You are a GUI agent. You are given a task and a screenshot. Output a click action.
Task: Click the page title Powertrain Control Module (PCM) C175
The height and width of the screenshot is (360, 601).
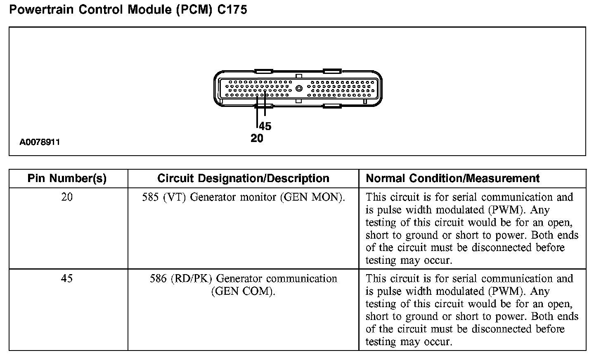128,9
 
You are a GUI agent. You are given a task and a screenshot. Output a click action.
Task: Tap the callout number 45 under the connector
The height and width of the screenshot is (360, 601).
265,126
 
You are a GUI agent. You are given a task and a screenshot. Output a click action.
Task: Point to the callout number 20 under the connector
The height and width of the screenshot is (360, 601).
257,139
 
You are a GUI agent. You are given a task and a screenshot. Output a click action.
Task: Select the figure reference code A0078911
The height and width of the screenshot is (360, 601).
40,142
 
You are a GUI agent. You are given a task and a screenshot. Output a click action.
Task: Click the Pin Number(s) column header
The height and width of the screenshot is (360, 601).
67,178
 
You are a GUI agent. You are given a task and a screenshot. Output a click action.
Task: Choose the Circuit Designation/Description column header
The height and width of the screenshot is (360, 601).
243,178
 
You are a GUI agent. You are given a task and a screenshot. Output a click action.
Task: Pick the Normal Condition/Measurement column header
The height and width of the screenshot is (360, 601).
452,178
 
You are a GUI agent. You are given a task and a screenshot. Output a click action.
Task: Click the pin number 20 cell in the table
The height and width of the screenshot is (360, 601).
67,197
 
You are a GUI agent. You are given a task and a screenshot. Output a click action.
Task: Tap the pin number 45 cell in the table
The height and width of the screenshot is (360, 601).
67,279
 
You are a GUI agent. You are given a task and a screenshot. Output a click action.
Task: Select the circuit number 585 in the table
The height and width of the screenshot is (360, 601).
150,197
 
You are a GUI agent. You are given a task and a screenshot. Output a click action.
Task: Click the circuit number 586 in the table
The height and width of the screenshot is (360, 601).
158,279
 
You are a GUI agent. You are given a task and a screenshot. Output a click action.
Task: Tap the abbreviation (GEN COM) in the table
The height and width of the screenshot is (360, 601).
243,291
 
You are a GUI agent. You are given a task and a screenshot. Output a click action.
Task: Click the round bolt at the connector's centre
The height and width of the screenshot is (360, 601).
299,88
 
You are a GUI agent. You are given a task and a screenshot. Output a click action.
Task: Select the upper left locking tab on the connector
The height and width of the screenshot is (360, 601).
263,71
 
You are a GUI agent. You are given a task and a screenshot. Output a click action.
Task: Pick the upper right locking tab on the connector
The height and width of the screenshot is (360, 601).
331,71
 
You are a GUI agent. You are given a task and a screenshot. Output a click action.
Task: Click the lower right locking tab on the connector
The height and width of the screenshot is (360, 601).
331,107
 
